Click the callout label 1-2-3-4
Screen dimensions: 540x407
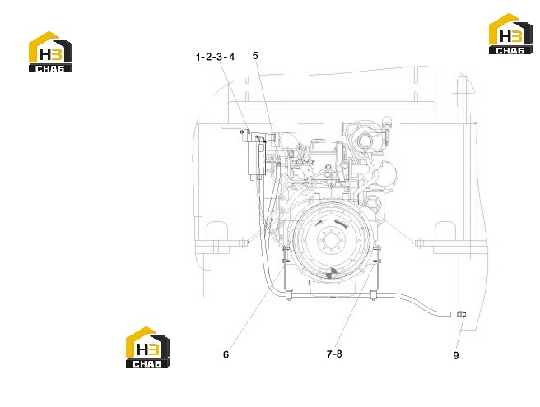[215, 57]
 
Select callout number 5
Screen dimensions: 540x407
[255, 55]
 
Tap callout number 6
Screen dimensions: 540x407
[226, 354]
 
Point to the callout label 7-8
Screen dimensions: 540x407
[334, 354]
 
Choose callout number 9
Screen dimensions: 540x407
[456, 355]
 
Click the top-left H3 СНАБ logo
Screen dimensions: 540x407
[50, 52]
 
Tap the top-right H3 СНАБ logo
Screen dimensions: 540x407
[510, 34]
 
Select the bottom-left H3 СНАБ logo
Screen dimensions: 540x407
[147, 347]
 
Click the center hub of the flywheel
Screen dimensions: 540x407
[329, 239]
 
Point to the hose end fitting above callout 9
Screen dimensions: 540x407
[461, 314]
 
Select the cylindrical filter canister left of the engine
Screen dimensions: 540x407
[255, 158]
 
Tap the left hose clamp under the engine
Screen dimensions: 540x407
[289, 295]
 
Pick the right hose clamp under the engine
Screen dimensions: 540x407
[374, 295]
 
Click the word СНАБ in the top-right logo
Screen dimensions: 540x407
[510, 51]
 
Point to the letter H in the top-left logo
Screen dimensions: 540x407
[44, 54]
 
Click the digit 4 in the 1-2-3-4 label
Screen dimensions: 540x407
[231, 57]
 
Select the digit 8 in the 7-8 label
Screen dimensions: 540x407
[339, 354]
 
